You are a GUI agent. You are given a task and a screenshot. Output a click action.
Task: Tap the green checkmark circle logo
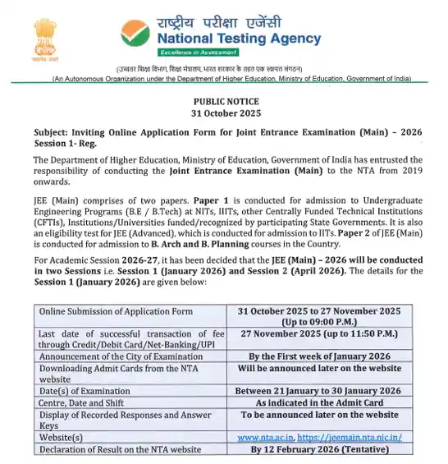point(136,33)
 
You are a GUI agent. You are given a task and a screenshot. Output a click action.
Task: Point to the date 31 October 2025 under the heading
point(224,112)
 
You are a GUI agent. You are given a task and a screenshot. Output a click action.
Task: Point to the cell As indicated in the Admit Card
point(318,402)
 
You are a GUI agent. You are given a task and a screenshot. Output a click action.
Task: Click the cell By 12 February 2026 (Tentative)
point(318,449)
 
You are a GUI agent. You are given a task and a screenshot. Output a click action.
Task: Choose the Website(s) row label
point(62,438)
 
